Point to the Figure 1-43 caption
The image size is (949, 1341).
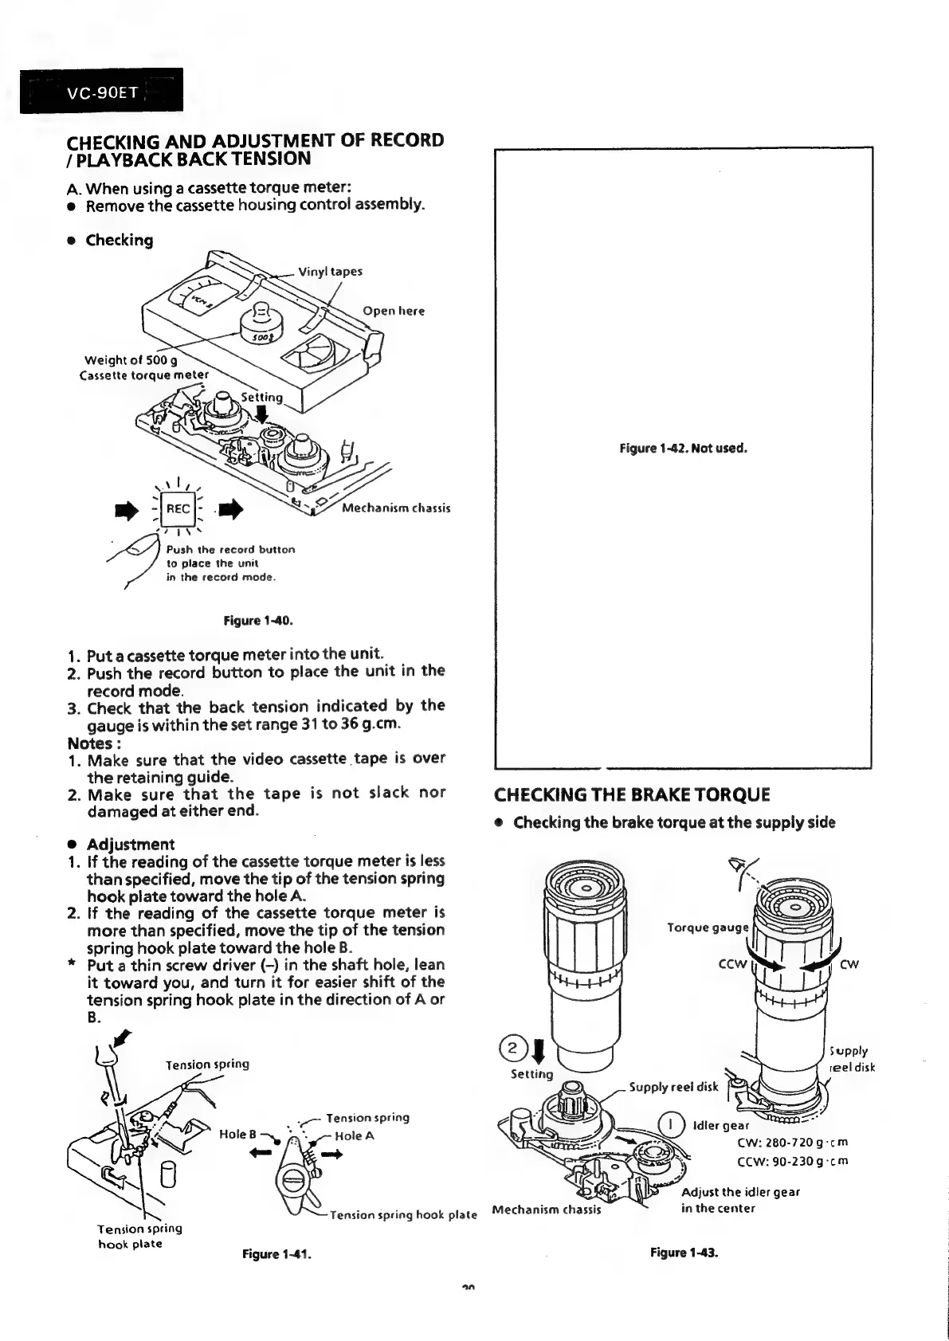pyautogui.click(x=684, y=1253)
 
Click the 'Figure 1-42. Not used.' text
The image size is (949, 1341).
pyautogui.click(x=684, y=448)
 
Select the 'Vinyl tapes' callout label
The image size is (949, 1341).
pyautogui.click(x=330, y=271)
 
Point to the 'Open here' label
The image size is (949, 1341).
pyautogui.click(x=394, y=311)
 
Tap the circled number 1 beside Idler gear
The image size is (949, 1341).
pyautogui.click(x=673, y=1124)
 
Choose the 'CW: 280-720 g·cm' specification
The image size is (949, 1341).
pyautogui.click(x=793, y=1143)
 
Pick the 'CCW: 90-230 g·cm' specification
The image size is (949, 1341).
pyautogui.click(x=793, y=1160)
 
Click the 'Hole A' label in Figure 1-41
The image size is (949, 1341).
pyautogui.click(x=355, y=1136)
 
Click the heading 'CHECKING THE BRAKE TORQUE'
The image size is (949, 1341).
pyautogui.click(x=632, y=795)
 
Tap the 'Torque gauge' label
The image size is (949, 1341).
pyautogui.click(x=708, y=927)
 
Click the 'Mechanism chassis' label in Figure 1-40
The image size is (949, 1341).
pyautogui.click(x=396, y=508)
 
